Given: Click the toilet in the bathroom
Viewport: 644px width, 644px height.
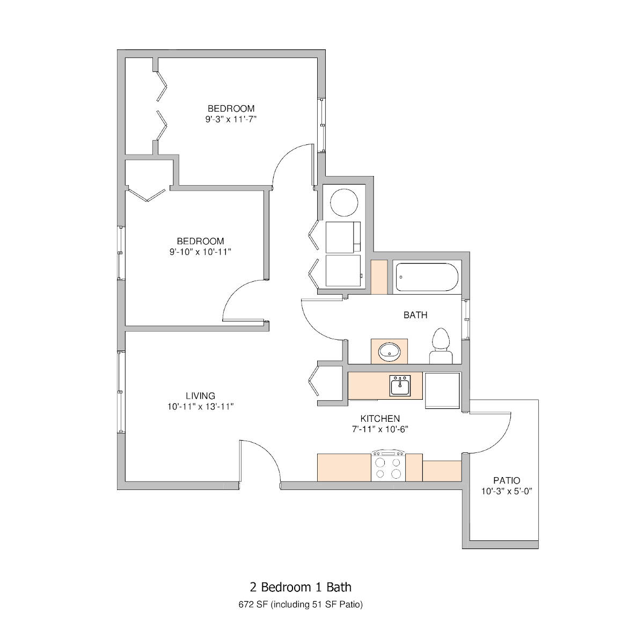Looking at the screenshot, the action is click(441, 346).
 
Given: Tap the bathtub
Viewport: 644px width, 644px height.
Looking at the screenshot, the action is click(427, 277).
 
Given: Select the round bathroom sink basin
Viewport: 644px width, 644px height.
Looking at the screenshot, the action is click(389, 352).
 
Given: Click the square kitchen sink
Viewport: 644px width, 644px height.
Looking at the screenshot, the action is click(400, 385).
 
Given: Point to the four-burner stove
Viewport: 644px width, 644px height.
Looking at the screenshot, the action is click(389, 465).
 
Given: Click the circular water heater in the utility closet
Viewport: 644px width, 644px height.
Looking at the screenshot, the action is click(344, 202).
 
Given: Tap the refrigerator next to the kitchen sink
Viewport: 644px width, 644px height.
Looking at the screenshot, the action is click(442, 390).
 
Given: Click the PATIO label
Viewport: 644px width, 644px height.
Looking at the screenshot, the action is click(507, 480).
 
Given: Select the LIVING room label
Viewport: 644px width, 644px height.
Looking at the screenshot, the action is click(200, 396).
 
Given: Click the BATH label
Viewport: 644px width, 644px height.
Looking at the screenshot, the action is click(415, 315).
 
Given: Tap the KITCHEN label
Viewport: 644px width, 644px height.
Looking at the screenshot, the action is click(380, 419).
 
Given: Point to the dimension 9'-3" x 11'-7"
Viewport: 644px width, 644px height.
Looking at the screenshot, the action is click(231, 119).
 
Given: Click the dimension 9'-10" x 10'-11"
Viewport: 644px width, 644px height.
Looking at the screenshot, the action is click(200, 252).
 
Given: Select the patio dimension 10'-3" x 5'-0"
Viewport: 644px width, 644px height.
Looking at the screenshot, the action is click(507, 491).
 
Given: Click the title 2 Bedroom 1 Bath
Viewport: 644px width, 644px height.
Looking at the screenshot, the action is click(301, 587).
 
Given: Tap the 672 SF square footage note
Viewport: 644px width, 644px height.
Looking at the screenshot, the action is click(301, 604).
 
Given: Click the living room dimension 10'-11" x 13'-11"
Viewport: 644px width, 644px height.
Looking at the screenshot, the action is click(200, 406).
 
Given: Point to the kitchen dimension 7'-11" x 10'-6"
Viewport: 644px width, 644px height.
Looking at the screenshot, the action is click(380, 429).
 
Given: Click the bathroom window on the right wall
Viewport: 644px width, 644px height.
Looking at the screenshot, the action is click(466, 319).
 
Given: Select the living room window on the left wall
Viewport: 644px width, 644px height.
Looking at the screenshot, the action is click(121, 392).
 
